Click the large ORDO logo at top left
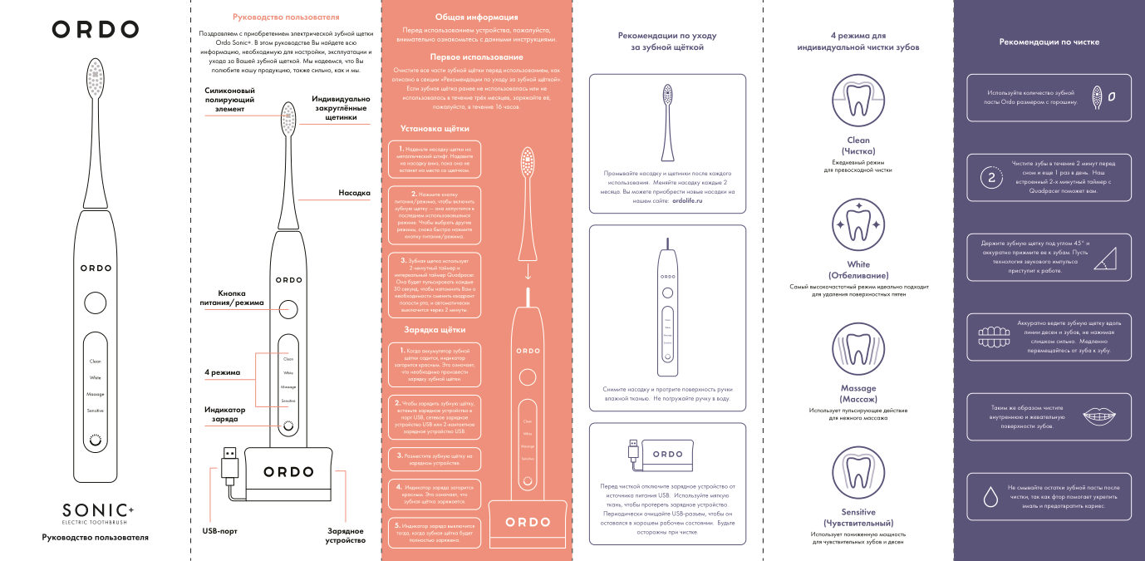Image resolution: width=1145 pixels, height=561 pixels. point(96,30)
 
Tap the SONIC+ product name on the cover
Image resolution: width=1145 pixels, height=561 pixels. point(96,509)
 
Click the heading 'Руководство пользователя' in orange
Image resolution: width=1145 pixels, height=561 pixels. point(286,17)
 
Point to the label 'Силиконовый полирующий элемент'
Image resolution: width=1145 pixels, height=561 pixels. point(229,99)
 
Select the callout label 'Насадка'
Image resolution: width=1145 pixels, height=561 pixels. point(354,193)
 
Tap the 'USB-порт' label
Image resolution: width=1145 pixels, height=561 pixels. point(219,529)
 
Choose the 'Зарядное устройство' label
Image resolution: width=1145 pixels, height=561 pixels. point(346,534)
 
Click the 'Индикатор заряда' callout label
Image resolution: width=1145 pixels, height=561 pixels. point(225,414)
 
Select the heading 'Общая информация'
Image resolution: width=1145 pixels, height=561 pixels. point(476,17)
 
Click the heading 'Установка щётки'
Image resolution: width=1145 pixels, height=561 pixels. point(435,129)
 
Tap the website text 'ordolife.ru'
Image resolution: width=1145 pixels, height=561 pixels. point(687,201)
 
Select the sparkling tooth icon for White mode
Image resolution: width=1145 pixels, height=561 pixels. point(858,225)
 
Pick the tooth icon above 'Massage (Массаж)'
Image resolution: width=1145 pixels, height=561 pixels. point(858,350)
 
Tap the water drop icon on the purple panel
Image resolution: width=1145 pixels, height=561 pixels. point(990,497)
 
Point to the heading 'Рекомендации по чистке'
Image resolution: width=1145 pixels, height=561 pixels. point(1049,42)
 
